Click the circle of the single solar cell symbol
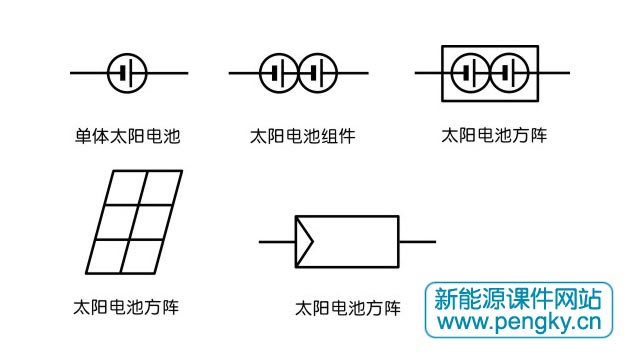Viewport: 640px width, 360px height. click(x=127, y=73)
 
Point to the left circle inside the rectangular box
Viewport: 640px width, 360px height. click(x=468, y=73)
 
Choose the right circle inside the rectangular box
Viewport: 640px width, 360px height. click(x=507, y=73)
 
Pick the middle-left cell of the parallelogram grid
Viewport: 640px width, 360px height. click(x=114, y=221)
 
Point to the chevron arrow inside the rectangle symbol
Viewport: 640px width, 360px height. click(x=304, y=241)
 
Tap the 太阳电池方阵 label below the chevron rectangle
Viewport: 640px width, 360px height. click(x=348, y=308)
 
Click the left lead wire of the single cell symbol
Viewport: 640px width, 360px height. click(x=88, y=73)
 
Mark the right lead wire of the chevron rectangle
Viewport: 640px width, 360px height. click(x=417, y=241)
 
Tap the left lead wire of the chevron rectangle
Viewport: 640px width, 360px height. click(x=277, y=241)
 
